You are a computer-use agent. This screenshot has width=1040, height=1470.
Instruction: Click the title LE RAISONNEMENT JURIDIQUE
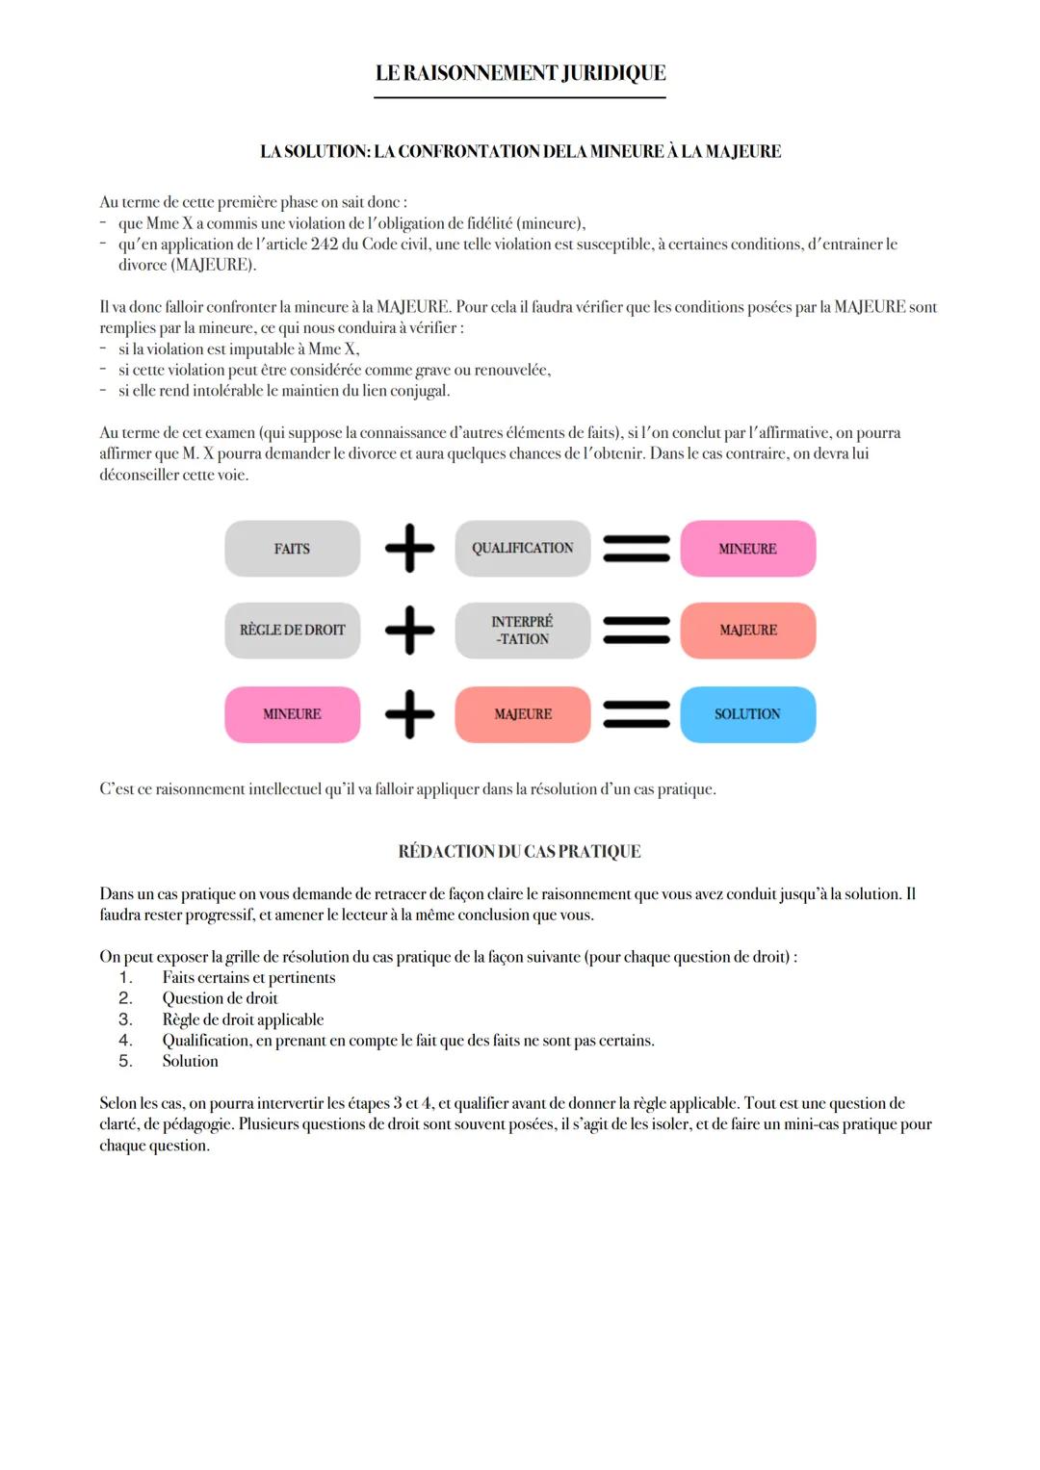(520, 73)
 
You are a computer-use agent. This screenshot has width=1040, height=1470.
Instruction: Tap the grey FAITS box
(292, 549)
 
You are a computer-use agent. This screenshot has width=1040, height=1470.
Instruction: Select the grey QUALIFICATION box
(522, 549)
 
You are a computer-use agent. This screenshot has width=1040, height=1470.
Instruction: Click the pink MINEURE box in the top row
(747, 549)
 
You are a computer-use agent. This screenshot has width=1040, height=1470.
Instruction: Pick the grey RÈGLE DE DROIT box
(292, 631)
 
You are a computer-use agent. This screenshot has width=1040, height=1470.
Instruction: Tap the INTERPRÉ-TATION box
(522, 631)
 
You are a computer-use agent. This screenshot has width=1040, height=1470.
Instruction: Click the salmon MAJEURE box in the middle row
(747, 631)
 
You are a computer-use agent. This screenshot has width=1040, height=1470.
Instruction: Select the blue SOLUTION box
(747, 714)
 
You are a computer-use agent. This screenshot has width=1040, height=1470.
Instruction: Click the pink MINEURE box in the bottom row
(292, 714)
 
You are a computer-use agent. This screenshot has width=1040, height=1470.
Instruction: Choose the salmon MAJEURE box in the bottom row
(522, 714)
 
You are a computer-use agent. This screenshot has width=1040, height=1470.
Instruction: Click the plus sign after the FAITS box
(409, 549)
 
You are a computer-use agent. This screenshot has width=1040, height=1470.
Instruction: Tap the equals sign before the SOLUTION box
(636, 714)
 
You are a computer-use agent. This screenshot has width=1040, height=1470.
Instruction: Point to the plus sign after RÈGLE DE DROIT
(409, 631)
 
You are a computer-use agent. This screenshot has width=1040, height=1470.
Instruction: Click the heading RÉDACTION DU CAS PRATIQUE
(519, 852)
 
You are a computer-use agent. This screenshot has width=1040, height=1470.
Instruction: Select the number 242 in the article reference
(325, 245)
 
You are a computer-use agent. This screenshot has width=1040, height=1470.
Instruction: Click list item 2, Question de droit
(220, 998)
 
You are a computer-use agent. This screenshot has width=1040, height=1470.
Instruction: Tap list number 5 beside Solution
(125, 1061)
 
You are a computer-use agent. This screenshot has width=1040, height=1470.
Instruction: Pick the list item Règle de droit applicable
(243, 1019)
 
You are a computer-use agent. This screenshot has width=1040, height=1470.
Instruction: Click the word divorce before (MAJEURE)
(143, 265)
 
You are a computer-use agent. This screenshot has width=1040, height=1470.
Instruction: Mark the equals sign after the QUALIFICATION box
(636, 549)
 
